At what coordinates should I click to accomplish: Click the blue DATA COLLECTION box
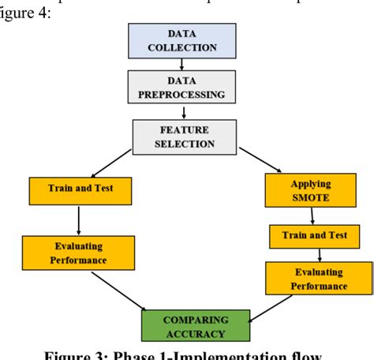point(182,41)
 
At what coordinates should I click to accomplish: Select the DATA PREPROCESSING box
point(182,88)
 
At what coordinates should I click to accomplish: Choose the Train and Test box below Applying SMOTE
point(307,235)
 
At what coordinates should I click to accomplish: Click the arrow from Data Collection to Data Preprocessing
point(182,64)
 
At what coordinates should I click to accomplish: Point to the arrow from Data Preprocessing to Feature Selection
point(182,111)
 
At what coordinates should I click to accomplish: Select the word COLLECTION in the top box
point(182,47)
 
